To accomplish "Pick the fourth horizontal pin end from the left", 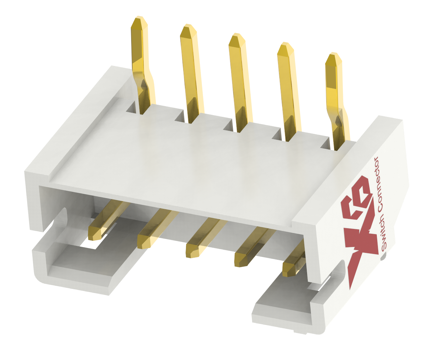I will tap(242, 259).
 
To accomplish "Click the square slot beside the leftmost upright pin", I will tap(133, 107).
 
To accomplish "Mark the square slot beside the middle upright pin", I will tap(229, 126).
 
